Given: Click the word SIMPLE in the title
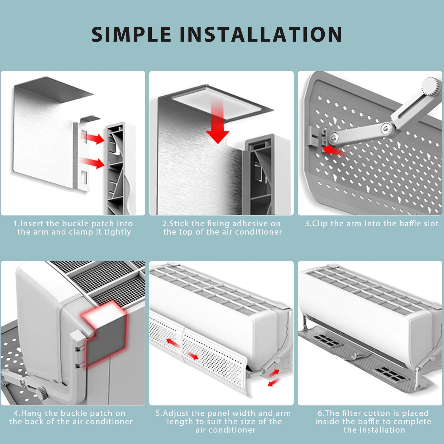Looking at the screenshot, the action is [x=131, y=35].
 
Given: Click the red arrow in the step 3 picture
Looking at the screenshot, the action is [x=334, y=151].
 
